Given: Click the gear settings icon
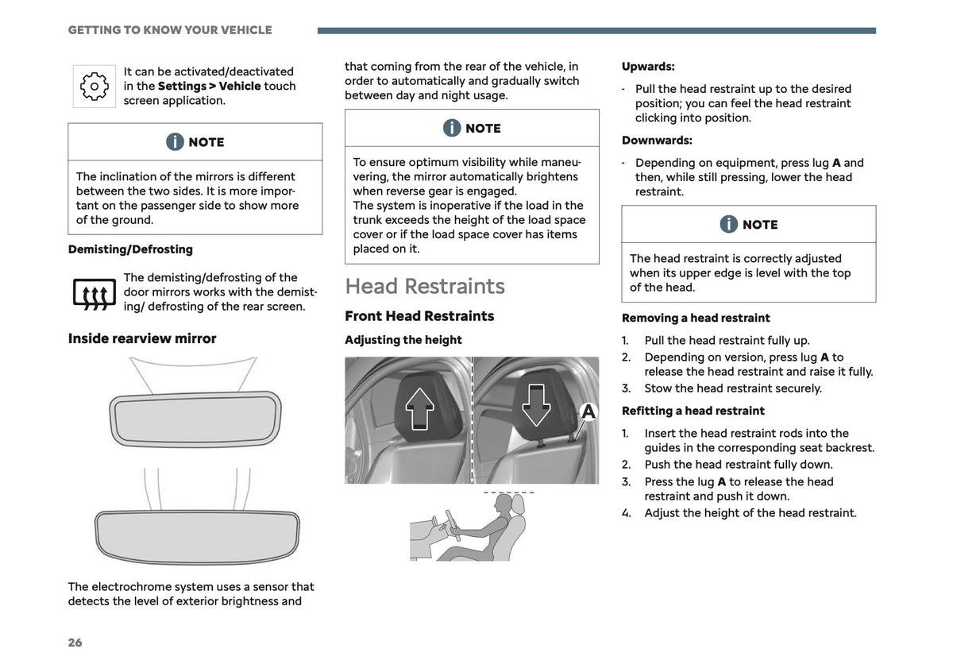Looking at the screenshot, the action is (94, 87).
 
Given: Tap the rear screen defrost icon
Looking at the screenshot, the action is (94, 294).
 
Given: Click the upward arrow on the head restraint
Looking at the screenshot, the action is (419, 408).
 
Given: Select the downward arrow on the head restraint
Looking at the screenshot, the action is (536, 405).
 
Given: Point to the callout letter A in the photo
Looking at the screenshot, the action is (588, 411).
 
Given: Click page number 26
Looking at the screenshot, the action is (75, 642).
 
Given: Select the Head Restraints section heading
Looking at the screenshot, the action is (425, 286).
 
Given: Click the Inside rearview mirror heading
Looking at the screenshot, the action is (142, 338).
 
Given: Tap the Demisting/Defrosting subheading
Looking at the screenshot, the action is (130, 249).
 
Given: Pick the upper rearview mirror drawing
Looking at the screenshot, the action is (195, 419).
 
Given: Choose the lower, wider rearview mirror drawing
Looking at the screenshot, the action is (197, 537).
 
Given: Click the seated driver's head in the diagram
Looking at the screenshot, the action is (504, 504).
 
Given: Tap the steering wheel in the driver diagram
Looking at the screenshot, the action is (452, 525).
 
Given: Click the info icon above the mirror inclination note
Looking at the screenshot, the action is (175, 141).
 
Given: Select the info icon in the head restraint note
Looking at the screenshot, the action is (729, 224).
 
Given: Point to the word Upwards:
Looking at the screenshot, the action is (648, 67).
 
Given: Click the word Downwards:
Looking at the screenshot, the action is (657, 140).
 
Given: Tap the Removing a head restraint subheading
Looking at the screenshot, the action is (696, 318).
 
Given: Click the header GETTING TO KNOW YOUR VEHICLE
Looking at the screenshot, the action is (170, 30).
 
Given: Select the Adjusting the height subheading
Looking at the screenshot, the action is (403, 340).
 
